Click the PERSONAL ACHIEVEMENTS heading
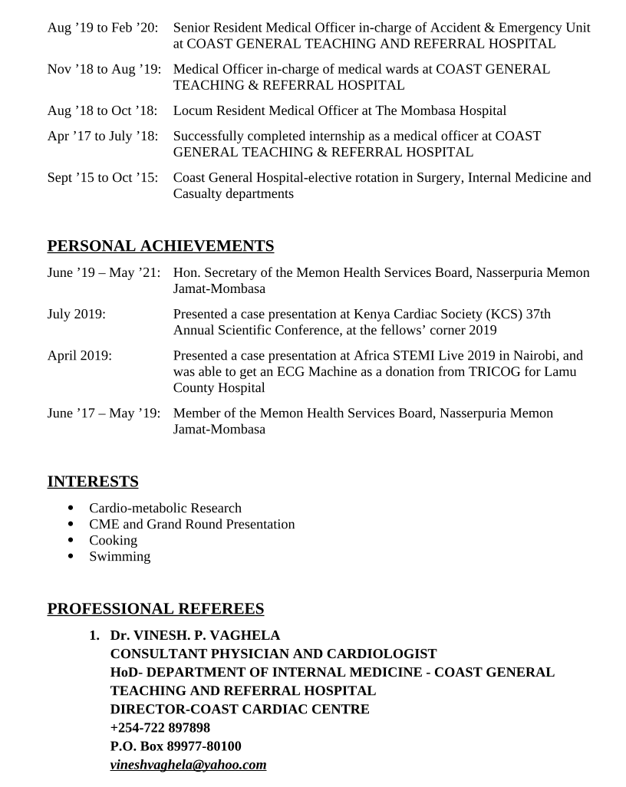point(160,246)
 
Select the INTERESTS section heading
point(93,482)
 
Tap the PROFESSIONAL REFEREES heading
point(156,609)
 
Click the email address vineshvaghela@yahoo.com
point(188,765)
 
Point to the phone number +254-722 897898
point(160,728)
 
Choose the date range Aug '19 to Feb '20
point(103,28)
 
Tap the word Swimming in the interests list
point(120,557)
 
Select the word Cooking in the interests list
point(113,541)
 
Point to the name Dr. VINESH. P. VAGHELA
point(195,636)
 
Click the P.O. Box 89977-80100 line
point(176,746)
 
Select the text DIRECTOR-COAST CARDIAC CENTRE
point(239,710)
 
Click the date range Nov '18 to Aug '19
point(104,69)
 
